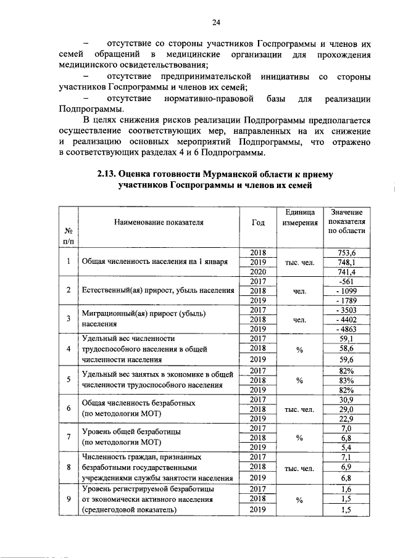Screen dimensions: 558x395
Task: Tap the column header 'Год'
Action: point(259,223)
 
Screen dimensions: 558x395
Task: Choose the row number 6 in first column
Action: point(68,409)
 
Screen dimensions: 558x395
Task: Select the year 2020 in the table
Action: point(258,271)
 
